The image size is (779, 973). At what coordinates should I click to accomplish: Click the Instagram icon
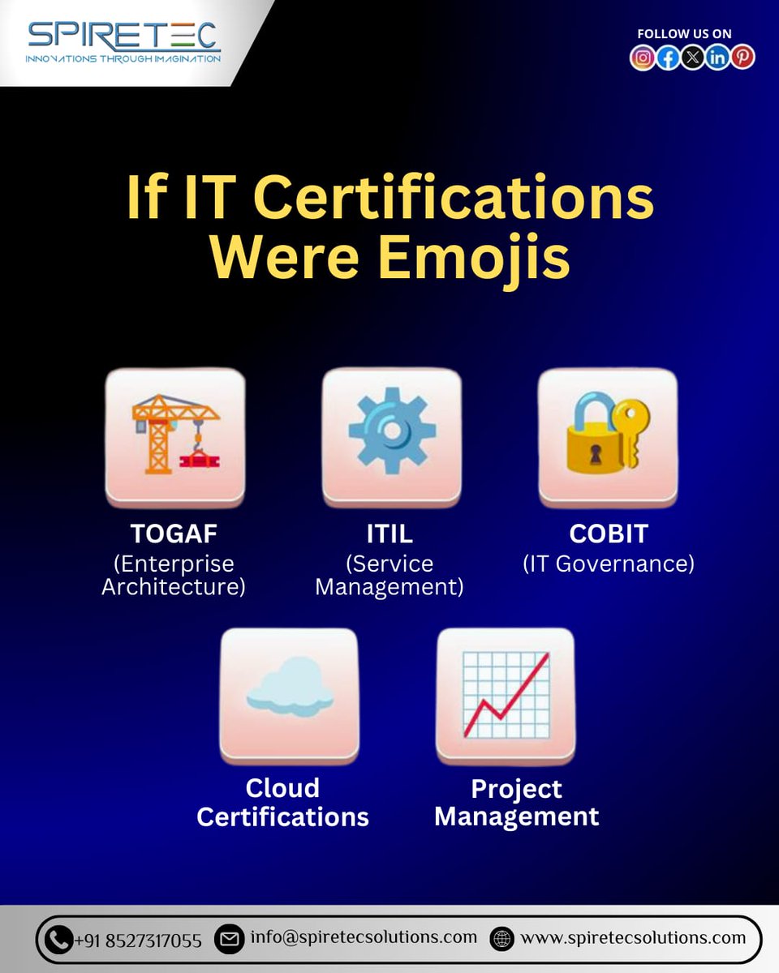coord(643,58)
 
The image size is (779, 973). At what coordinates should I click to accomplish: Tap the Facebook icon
coord(668,58)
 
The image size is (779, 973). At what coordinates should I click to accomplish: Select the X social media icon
coord(692,58)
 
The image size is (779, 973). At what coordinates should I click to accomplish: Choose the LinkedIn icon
coord(717,58)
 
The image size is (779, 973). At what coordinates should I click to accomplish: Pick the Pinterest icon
coord(742,58)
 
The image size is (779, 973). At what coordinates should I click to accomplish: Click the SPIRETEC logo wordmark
coord(123,36)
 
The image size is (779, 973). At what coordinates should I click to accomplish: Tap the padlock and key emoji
coord(608,435)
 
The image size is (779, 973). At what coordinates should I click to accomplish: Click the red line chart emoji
coord(506,693)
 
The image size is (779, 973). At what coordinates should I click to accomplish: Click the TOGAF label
coord(174,534)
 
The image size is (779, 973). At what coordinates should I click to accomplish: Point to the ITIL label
coord(389,534)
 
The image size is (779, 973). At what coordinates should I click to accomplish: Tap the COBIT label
coord(609,534)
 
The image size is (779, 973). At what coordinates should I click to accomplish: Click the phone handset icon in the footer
coord(58,940)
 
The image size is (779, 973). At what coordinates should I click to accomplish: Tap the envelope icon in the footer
coord(230,939)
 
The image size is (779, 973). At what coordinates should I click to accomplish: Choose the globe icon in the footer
coord(502,939)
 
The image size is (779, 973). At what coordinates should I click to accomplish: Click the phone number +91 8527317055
coord(138,941)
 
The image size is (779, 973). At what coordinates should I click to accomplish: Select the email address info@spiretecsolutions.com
coord(364,937)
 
